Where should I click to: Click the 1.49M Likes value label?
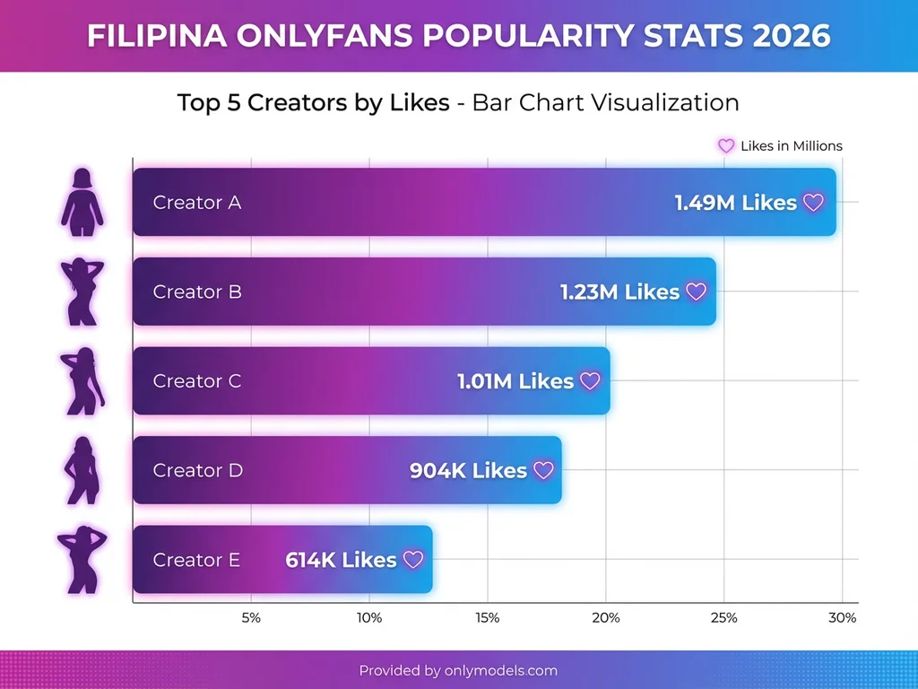[735, 203]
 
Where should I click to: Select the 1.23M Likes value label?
[619, 292]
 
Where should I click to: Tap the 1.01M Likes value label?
[515, 381]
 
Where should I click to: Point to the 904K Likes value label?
[468, 470]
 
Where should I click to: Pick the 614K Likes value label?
[341, 560]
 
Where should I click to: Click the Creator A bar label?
[197, 203]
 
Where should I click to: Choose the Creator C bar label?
[197, 381]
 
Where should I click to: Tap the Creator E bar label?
[196, 560]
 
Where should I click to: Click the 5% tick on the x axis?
[251, 618]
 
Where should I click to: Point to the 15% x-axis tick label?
[488, 618]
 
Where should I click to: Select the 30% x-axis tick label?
[842, 618]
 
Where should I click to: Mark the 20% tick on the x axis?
[606, 618]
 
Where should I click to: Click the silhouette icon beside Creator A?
[82, 202]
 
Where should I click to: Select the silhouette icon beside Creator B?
[81, 292]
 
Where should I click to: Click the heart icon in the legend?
[726, 146]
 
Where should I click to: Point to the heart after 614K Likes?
[412, 560]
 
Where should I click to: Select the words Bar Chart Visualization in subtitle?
[605, 102]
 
